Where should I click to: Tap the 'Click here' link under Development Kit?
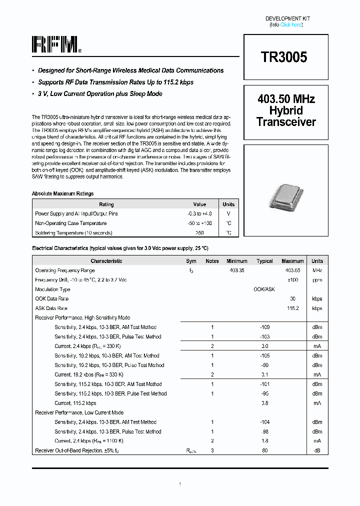[x=291, y=24]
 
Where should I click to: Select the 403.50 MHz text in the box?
[x=286, y=99]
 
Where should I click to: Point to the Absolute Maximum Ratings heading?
[x=62, y=193]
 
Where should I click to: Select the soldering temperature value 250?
[x=199, y=232]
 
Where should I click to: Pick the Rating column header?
[x=106, y=204]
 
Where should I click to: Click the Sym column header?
[x=191, y=261]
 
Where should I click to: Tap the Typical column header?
[x=264, y=261]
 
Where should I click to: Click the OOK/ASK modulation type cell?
[x=264, y=289]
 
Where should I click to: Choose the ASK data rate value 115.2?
[x=292, y=308]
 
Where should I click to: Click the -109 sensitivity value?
[x=264, y=327]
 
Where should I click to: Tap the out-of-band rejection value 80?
[x=264, y=450]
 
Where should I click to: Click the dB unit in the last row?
[x=317, y=450]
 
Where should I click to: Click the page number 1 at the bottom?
[x=180, y=484]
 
